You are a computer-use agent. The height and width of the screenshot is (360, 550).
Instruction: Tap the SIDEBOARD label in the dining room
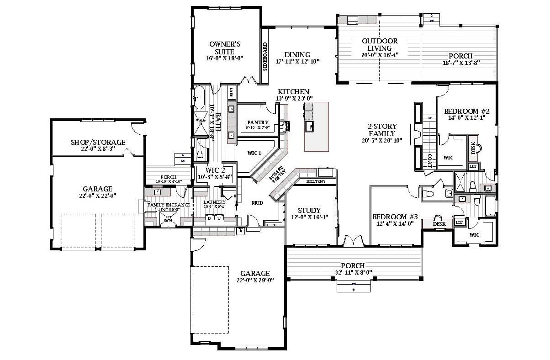(265, 57)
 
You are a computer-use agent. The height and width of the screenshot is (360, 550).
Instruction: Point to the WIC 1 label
(254, 153)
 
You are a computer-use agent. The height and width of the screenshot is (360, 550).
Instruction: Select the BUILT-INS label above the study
(316, 181)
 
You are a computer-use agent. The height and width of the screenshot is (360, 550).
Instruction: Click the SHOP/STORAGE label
(98, 143)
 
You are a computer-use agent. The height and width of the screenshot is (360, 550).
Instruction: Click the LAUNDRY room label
(215, 202)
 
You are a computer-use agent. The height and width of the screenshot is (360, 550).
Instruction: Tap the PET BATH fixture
(168, 219)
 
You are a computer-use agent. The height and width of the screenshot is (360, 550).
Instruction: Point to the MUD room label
(257, 202)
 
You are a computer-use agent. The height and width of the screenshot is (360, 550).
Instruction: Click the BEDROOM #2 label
(467, 111)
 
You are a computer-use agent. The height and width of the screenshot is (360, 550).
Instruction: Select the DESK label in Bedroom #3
(439, 224)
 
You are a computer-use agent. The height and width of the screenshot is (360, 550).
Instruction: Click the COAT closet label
(429, 160)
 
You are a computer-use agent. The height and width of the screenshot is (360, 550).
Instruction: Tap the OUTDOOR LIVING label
(380, 44)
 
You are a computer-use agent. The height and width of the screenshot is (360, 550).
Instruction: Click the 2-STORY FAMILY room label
(382, 130)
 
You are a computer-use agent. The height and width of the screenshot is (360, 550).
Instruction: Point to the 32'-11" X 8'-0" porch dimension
(353, 273)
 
